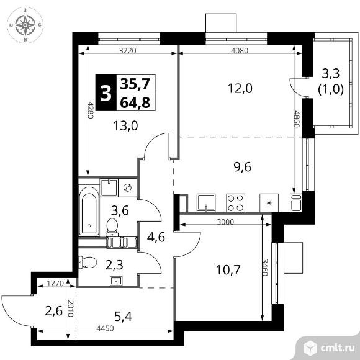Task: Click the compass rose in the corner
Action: (x=25, y=25)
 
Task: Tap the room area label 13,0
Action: (x=126, y=126)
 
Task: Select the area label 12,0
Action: (x=240, y=88)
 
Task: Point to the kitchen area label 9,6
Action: (x=242, y=167)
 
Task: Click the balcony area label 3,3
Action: (x=331, y=74)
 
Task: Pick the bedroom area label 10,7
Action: (x=228, y=270)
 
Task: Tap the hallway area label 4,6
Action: (x=156, y=237)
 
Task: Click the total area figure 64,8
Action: (x=135, y=102)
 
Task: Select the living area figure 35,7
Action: (x=135, y=84)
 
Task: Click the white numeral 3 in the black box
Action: (x=106, y=93)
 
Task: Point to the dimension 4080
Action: (x=240, y=50)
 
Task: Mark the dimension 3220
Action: (x=128, y=50)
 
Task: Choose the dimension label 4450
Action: (x=105, y=328)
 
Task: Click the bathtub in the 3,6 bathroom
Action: (x=89, y=211)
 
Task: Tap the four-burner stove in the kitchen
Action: (x=236, y=203)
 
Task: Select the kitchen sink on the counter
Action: (x=206, y=203)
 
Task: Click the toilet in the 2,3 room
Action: (x=88, y=263)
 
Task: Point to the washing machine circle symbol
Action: (x=127, y=187)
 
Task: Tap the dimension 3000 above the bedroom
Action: (x=225, y=222)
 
